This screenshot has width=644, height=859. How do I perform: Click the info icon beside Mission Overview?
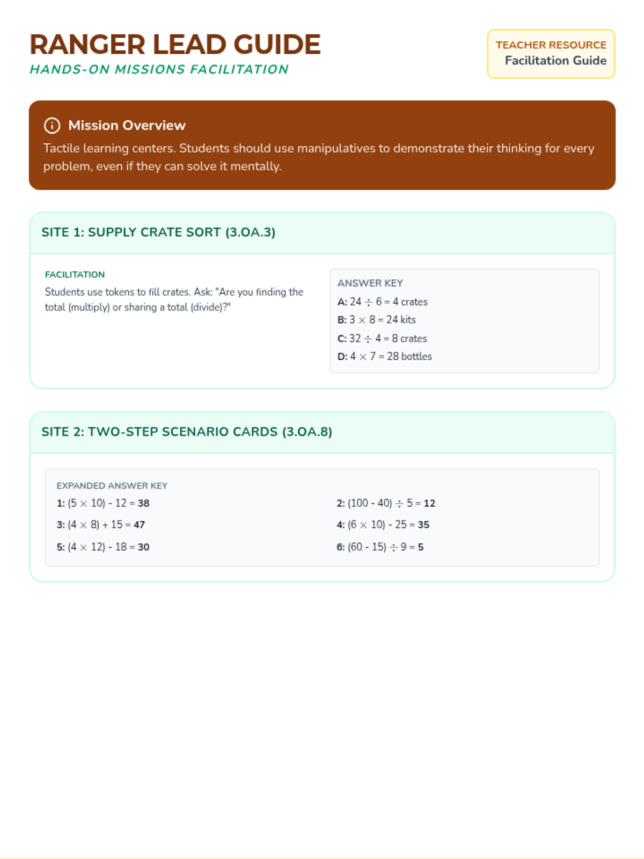52,126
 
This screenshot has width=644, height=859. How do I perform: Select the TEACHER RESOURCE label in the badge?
551,45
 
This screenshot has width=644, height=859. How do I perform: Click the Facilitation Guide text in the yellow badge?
555,61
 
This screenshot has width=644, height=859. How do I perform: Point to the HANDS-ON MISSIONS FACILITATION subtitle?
159,69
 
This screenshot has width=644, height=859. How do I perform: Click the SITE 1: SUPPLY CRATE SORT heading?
158,232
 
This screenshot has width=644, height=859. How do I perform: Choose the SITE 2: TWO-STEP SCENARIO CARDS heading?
187,432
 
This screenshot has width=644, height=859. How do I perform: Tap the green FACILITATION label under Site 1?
75,275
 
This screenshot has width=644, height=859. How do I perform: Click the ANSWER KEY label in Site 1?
370,283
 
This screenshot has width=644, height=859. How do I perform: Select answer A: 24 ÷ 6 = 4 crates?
382,302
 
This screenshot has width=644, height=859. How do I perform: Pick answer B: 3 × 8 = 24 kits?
376,320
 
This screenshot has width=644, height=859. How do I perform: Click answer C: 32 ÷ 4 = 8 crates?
382,339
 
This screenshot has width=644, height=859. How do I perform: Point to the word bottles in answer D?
416,356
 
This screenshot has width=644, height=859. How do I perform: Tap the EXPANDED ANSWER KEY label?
112,486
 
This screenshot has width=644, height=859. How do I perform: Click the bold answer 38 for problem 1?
143,504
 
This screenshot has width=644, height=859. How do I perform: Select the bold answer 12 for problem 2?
429,504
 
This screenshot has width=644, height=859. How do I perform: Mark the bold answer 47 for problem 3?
139,525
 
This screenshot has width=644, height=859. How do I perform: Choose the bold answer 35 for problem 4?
423,525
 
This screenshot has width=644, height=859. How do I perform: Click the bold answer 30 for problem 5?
143,547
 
